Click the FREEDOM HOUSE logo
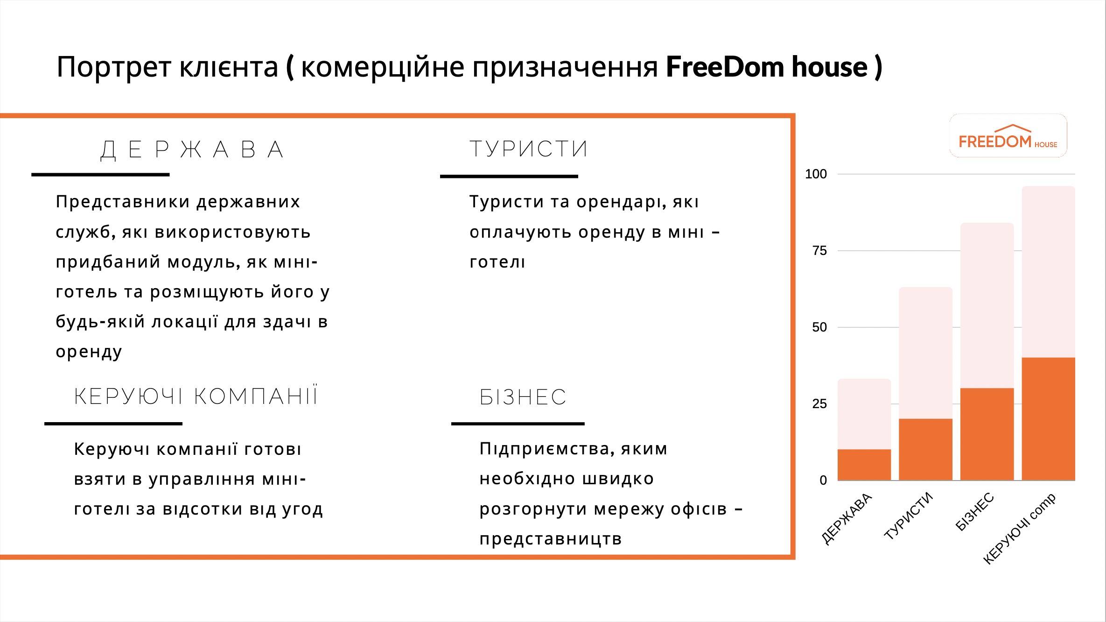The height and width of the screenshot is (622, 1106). coord(1008,136)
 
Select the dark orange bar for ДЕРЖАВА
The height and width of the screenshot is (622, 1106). coord(864,465)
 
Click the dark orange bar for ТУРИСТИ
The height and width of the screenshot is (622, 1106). coord(925,449)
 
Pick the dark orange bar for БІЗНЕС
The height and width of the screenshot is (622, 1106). coord(987,434)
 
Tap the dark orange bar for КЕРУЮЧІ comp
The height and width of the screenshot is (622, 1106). coord(1048,419)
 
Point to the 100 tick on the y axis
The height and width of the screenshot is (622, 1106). coord(816,174)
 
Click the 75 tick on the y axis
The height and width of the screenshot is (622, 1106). coord(819,251)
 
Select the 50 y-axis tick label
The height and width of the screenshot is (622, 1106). coord(819,327)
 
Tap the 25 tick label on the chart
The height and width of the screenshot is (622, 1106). coord(819,404)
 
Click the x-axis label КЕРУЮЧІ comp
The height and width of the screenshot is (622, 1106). coord(1019,528)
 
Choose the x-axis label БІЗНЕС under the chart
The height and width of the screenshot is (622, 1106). coord(974,511)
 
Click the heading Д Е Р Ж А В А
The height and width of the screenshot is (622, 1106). coord(192,150)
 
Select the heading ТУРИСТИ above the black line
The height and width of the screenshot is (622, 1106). coord(528,149)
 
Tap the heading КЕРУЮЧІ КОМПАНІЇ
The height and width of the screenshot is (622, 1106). coord(196,396)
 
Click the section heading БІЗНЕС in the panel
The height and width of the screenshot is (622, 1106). coord(523,397)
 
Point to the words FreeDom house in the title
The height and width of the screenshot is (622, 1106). coord(767,67)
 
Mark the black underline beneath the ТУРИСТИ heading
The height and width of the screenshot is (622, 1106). coord(509,177)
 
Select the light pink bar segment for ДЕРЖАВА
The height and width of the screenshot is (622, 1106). coord(864,414)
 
